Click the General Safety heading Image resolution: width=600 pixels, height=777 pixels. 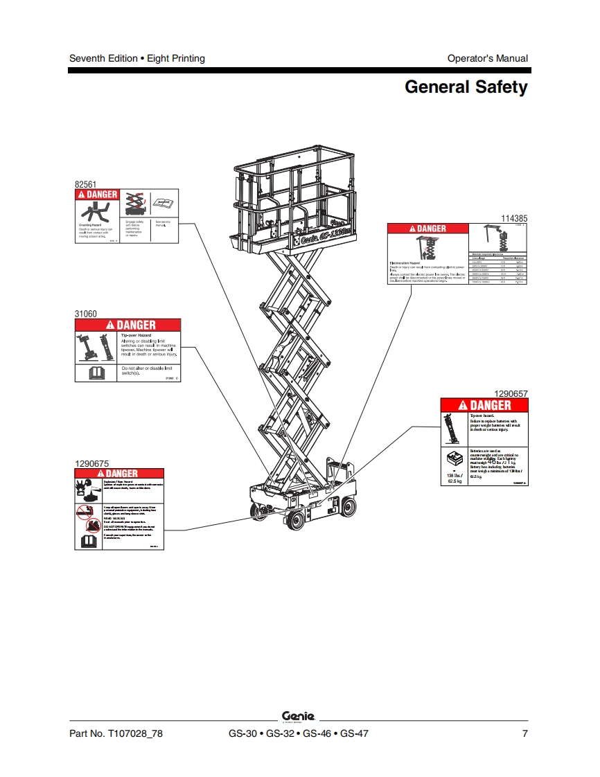(x=466, y=87)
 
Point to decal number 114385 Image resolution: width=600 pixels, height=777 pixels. (x=514, y=218)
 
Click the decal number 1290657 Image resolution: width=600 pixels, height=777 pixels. (x=510, y=393)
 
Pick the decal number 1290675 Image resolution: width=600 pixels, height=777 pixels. (x=91, y=463)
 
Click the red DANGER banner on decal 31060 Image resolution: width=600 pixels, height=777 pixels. (x=127, y=325)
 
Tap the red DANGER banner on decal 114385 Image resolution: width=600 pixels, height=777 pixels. (x=427, y=229)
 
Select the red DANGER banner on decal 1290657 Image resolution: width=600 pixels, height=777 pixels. (x=484, y=405)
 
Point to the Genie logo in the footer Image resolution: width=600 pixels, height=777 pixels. (x=299, y=717)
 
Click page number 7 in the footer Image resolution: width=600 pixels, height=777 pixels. (x=525, y=734)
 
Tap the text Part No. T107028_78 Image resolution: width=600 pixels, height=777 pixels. (x=116, y=734)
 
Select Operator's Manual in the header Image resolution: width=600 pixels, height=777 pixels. (x=487, y=58)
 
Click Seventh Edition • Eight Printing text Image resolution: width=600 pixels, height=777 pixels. (x=137, y=58)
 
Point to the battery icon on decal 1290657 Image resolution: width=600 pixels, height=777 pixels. (x=455, y=459)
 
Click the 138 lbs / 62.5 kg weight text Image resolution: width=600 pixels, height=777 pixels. (x=455, y=479)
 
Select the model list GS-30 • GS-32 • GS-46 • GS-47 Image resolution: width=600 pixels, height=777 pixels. (x=299, y=734)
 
